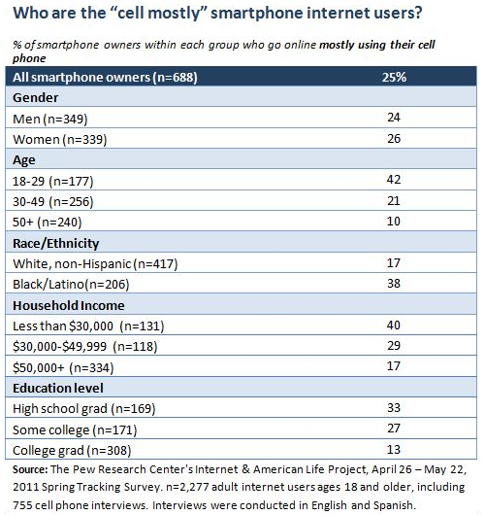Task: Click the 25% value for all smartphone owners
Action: (x=394, y=77)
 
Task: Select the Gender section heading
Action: (x=36, y=97)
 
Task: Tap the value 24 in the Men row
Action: (x=394, y=118)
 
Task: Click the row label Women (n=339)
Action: (x=60, y=139)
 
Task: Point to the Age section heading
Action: (x=24, y=160)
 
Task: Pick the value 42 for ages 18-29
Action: (x=394, y=180)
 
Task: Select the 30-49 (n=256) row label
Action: (x=52, y=201)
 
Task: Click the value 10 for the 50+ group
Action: (x=394, y=221)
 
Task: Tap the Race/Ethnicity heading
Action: (x=55, y=243)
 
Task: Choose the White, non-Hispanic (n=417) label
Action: (x=95, y=263)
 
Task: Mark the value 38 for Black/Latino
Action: (x=394, y=283)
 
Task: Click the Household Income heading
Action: (x=69, y=305)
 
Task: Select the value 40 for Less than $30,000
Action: (x=394, y=325)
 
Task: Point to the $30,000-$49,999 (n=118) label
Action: (x=85, y=347)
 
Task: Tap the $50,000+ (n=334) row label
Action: (x=63, y=367)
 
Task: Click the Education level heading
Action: (x=58, y=389)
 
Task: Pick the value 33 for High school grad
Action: (x=394, y=407)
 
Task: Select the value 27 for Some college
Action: (x=394, y=429)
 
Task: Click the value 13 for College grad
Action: (x=394, y=449)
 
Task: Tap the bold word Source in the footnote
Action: (x=30, y=469)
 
